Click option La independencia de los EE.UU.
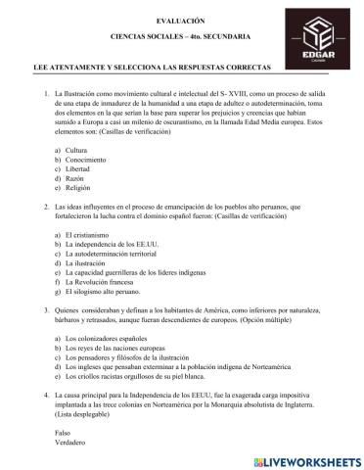[114, 247]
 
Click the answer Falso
[63, 432]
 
